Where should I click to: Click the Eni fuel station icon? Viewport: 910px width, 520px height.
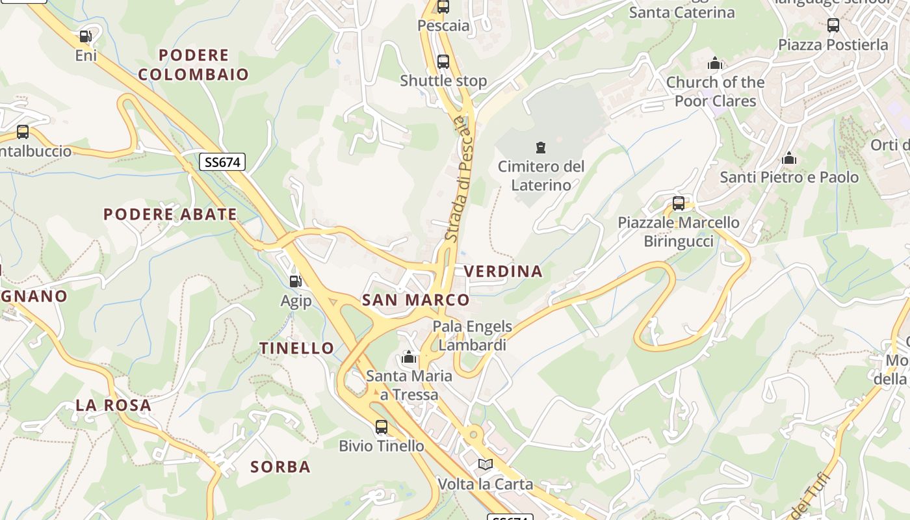click(x=85, y=36)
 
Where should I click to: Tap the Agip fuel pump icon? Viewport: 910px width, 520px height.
click(x=296, y=281)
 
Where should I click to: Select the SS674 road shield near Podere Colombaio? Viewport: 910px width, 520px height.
click(x=222, y=162)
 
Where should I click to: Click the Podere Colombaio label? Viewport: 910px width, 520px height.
click(x=193, y=64)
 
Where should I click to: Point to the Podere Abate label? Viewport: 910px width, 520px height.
click(x=170, y=214)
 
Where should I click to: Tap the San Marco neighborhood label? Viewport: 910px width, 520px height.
click(x=415, y=300)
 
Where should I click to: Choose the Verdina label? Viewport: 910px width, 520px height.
click(x=503, y=271)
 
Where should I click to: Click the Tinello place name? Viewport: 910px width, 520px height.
click(x=297, y=348)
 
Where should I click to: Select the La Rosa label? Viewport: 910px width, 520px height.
click(x=113, y=405)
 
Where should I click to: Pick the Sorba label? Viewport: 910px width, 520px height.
click(x=280, y=467)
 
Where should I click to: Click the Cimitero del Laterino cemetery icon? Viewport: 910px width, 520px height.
click(x=541, y=148)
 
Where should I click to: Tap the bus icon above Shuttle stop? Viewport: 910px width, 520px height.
click(x=443, y=62)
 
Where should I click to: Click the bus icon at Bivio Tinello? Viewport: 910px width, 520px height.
click(x=382, y=427)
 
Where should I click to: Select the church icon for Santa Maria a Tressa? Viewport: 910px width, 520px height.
click(x=409, y=357)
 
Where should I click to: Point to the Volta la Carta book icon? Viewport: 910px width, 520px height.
click(x=485, y=465)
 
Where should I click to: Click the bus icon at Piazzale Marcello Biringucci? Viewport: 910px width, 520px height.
click(x=679, y=203)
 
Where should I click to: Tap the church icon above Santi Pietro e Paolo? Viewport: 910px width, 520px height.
click(x=789, y=158)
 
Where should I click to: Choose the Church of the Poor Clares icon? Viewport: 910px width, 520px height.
click(x=715, y=63)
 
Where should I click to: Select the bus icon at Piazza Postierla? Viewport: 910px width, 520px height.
click(x=833, y=25)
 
